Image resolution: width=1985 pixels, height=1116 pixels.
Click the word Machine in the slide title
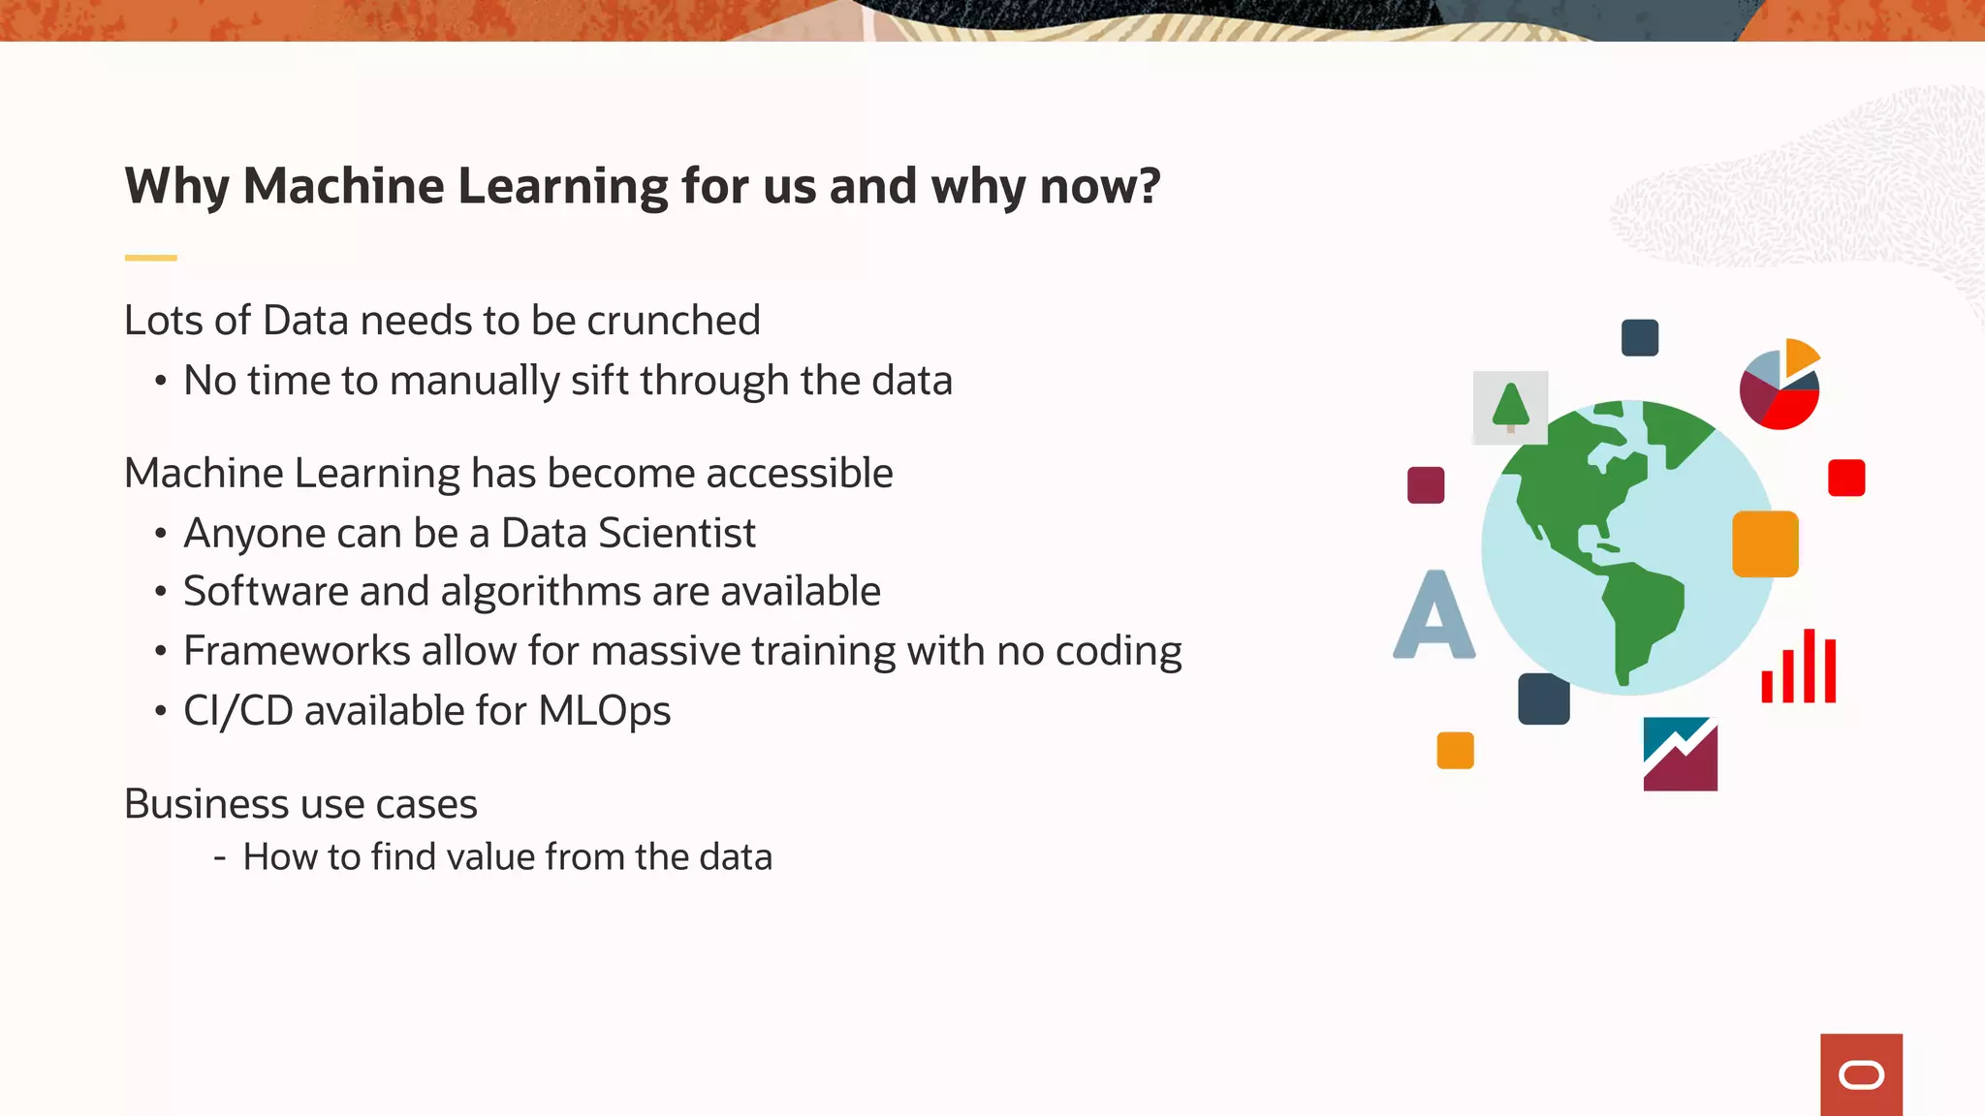(x=343, y=186)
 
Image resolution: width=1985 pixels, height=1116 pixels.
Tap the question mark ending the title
(x=1150, y=186)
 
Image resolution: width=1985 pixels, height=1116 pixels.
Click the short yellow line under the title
(x=150, y=258)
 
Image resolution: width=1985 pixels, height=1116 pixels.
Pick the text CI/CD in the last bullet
(x=237, y=711)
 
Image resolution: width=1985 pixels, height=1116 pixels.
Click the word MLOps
(x=604, y=711)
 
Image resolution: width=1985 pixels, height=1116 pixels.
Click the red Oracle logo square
(x=1861, y=1074)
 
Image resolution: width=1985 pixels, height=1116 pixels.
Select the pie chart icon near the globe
(x=1780, y=386)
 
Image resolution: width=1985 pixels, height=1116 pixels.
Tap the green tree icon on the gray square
(x=1510, y=407)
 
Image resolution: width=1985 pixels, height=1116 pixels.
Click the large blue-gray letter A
(x=1434, y=616)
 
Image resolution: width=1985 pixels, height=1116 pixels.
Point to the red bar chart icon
(x=1799, y=667)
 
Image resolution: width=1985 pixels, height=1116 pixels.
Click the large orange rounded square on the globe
(x=1765, y=544)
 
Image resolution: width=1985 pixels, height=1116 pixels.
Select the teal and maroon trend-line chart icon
(x=1680, y=754)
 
